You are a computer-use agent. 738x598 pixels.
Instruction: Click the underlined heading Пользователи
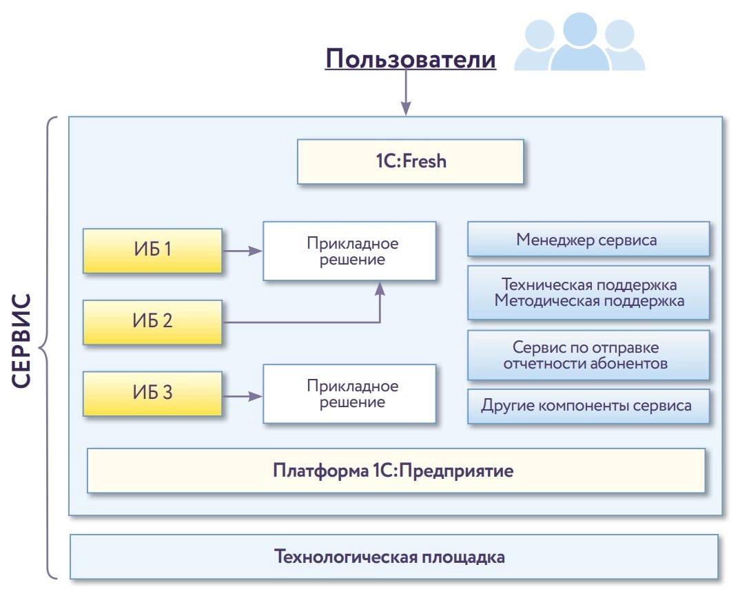coord(411,59)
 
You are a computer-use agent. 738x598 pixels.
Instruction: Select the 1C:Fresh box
coord(410,162)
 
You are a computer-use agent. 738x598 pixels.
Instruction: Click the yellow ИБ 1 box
coord(152,250)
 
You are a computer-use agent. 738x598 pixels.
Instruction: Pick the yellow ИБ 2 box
coord(152,322)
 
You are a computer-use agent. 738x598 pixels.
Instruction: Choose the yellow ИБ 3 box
coord(152,393)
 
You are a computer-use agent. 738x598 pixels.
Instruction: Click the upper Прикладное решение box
coord(349,251)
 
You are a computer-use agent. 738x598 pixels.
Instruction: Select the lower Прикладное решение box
coord(349,394)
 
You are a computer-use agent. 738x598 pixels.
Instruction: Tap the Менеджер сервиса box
coord(588,240)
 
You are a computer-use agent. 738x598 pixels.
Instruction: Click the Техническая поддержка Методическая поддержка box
coord(588,293)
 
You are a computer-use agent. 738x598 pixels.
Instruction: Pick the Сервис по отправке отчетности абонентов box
coord(588,355)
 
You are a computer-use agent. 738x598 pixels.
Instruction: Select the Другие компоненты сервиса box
coord(588,406)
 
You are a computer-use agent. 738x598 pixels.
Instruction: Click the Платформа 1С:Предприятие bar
coord(396,471)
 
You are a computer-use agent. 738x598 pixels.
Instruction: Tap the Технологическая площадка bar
coord(393,557)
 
